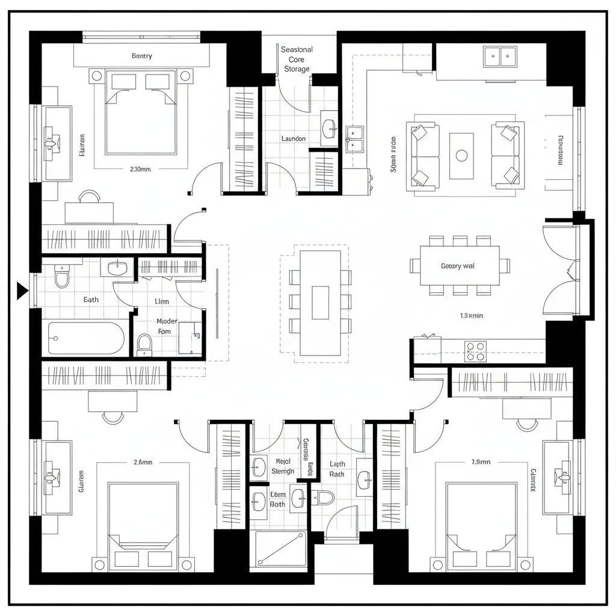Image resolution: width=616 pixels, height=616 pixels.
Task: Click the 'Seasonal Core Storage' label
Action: click(297, 59)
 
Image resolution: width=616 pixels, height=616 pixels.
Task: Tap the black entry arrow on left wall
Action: click(22, 291)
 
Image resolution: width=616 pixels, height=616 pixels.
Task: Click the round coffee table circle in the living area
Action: click(461, 156)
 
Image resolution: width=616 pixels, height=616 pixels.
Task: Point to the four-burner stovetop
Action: click(475, 351)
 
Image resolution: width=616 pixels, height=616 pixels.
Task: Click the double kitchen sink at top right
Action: click(500, 57)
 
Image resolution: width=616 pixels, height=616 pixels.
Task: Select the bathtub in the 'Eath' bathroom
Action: click(86, 338)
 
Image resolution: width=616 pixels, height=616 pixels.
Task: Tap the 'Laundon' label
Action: click(294, 139)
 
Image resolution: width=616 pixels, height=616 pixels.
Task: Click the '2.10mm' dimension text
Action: click(140, 169)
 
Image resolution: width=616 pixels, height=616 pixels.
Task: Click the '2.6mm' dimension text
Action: click(143, 462)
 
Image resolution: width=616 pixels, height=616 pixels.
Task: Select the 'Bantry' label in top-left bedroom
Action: click(142, 56)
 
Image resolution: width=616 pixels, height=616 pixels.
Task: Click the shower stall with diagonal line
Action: click(280, 549)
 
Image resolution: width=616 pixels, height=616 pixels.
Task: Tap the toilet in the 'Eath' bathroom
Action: click(62, 278)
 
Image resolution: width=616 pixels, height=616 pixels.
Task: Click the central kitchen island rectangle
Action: click(320, 303)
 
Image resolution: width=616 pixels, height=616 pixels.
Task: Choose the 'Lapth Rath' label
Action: click(337, 469)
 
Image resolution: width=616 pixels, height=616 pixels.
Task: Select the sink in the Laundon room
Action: click(330, 128)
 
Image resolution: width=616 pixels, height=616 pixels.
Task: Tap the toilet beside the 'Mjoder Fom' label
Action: click(144, 343)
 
